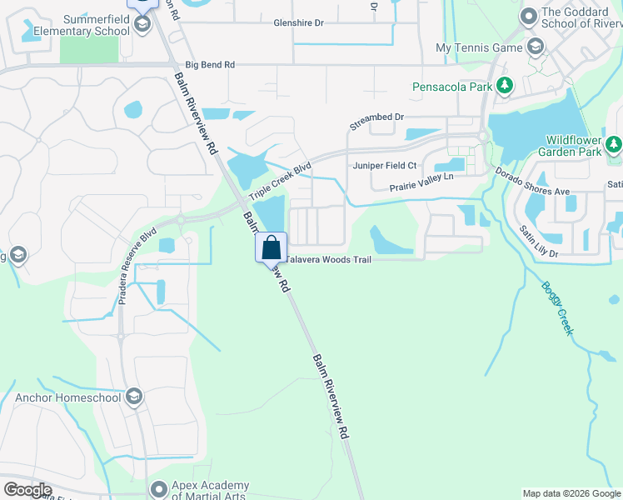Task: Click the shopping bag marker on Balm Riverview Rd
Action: click(272, 247)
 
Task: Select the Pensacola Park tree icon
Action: click(504, 85)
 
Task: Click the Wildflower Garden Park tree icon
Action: click(614, 146)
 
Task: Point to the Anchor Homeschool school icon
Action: click(134, 397)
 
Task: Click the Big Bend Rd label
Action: click(211, 64)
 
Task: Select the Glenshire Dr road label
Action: click(298, 23)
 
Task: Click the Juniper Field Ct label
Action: click(385, 166)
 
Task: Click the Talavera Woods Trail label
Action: click(329, 259)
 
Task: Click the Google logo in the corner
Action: click(27, 490)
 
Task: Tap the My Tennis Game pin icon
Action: click(533, 47)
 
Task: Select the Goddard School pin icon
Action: click(527, 16)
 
